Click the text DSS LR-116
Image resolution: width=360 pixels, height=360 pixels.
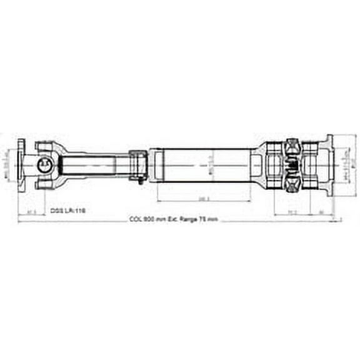coord(68,212)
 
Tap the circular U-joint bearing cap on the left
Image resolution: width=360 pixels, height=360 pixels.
coord(46,165)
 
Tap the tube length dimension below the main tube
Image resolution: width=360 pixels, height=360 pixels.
coord(204,199)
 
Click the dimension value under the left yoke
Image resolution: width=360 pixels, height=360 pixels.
coord(32,212)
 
